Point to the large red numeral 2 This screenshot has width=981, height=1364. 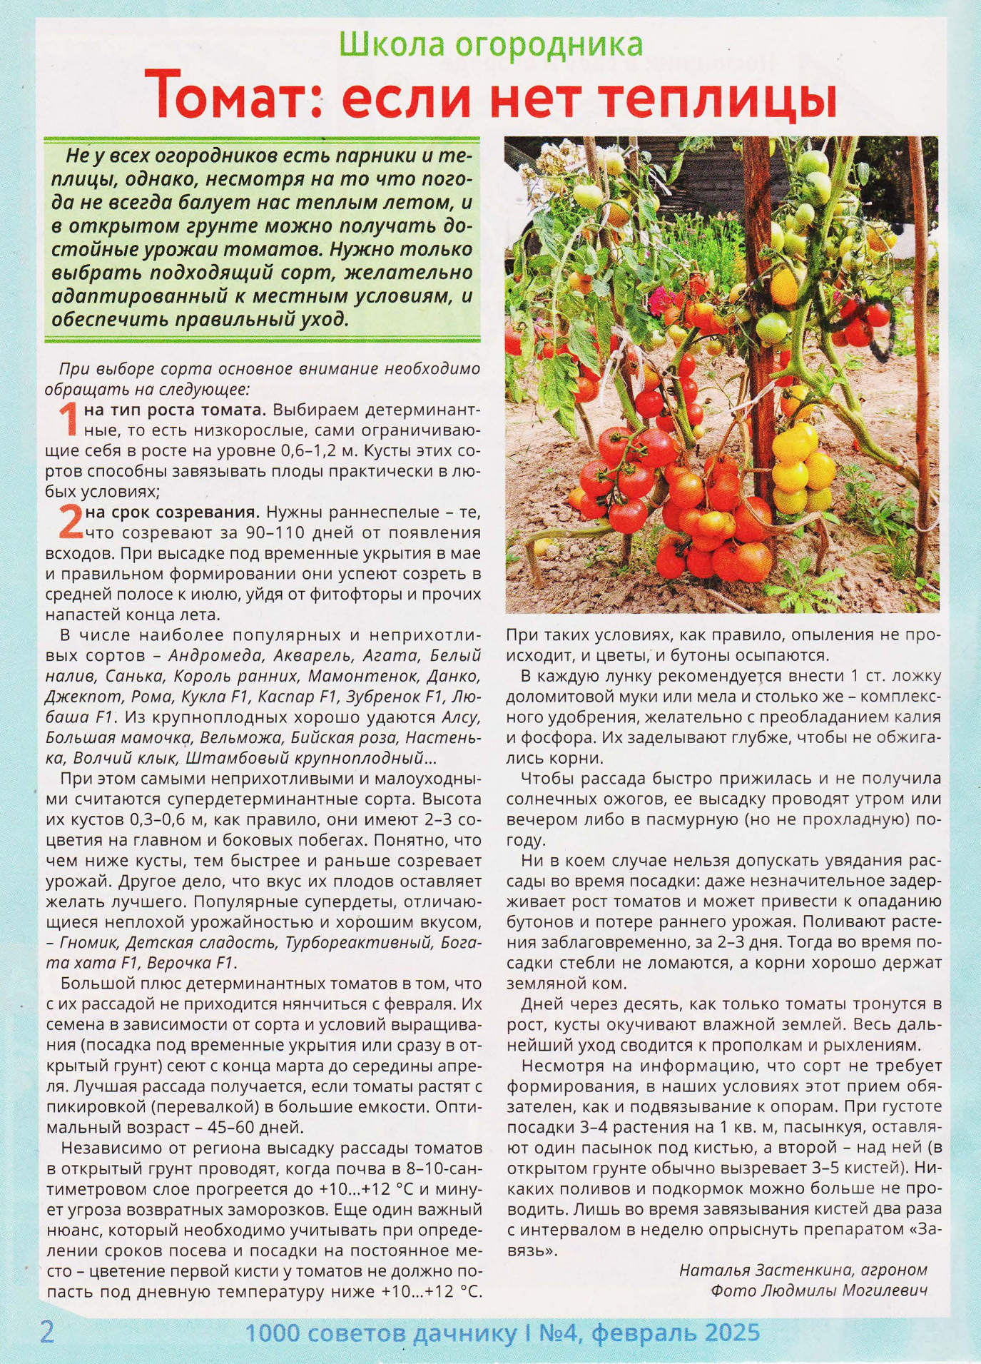pos(70,522)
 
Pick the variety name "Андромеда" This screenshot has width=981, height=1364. pos(212,655)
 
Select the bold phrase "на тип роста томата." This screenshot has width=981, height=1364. pos(175,410)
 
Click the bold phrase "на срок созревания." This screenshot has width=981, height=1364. pos(172,512)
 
